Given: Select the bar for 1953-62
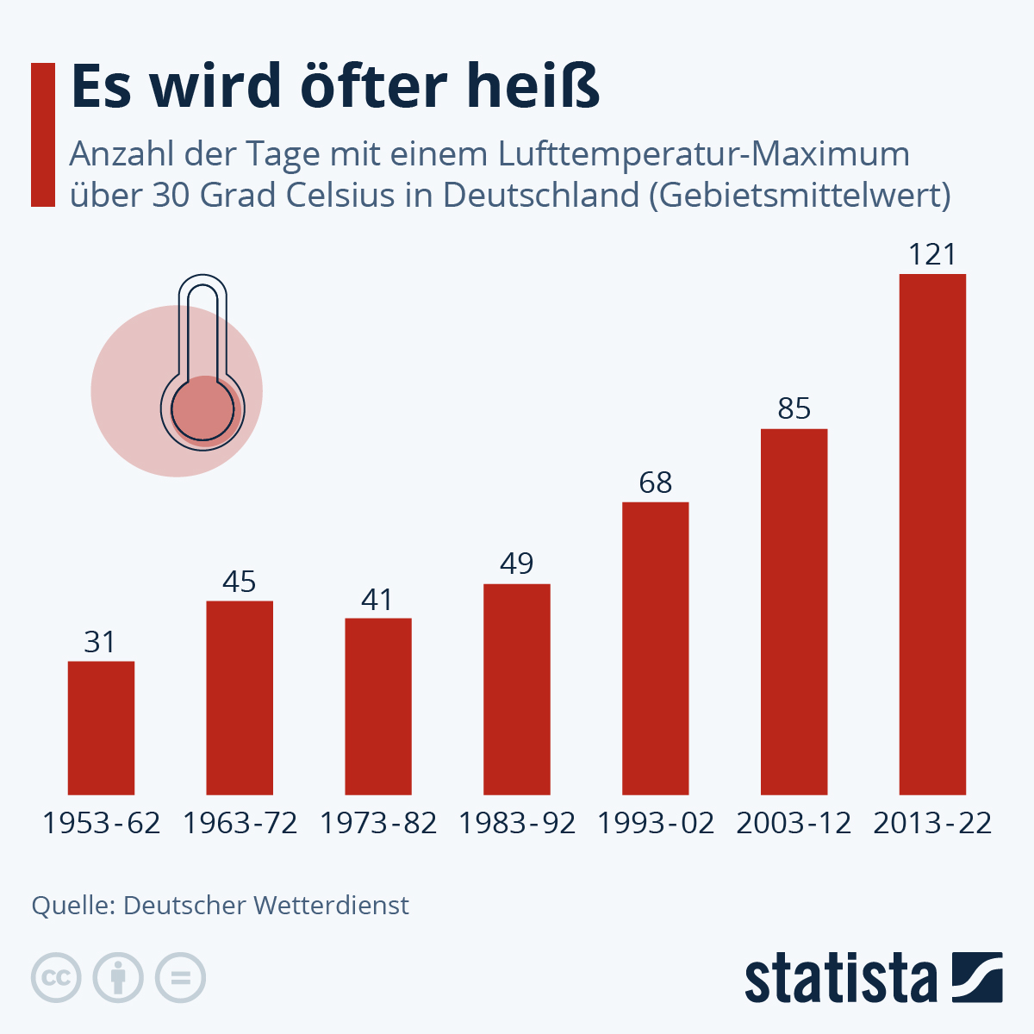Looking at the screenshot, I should (101, 727).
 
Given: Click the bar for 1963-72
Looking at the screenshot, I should (240, 697).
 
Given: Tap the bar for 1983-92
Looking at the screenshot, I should (516, 688).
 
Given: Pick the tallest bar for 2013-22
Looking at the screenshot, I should (932, 533).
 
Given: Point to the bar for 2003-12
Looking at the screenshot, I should (794, 611).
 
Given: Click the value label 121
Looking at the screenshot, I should (932, 255).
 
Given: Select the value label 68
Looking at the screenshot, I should (655, 483).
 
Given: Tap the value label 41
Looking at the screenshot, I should (377, 599).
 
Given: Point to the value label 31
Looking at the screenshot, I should (100, 642).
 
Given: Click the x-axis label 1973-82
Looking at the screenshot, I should (378, 824).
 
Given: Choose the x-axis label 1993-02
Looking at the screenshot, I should (656, 824).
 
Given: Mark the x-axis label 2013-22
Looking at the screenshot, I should (932, 824).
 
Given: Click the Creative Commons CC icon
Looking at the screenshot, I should (56, 978).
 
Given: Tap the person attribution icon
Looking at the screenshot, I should (118, 978).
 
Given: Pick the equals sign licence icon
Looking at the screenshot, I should (180, 978).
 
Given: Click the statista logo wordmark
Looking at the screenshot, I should (840, 979).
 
